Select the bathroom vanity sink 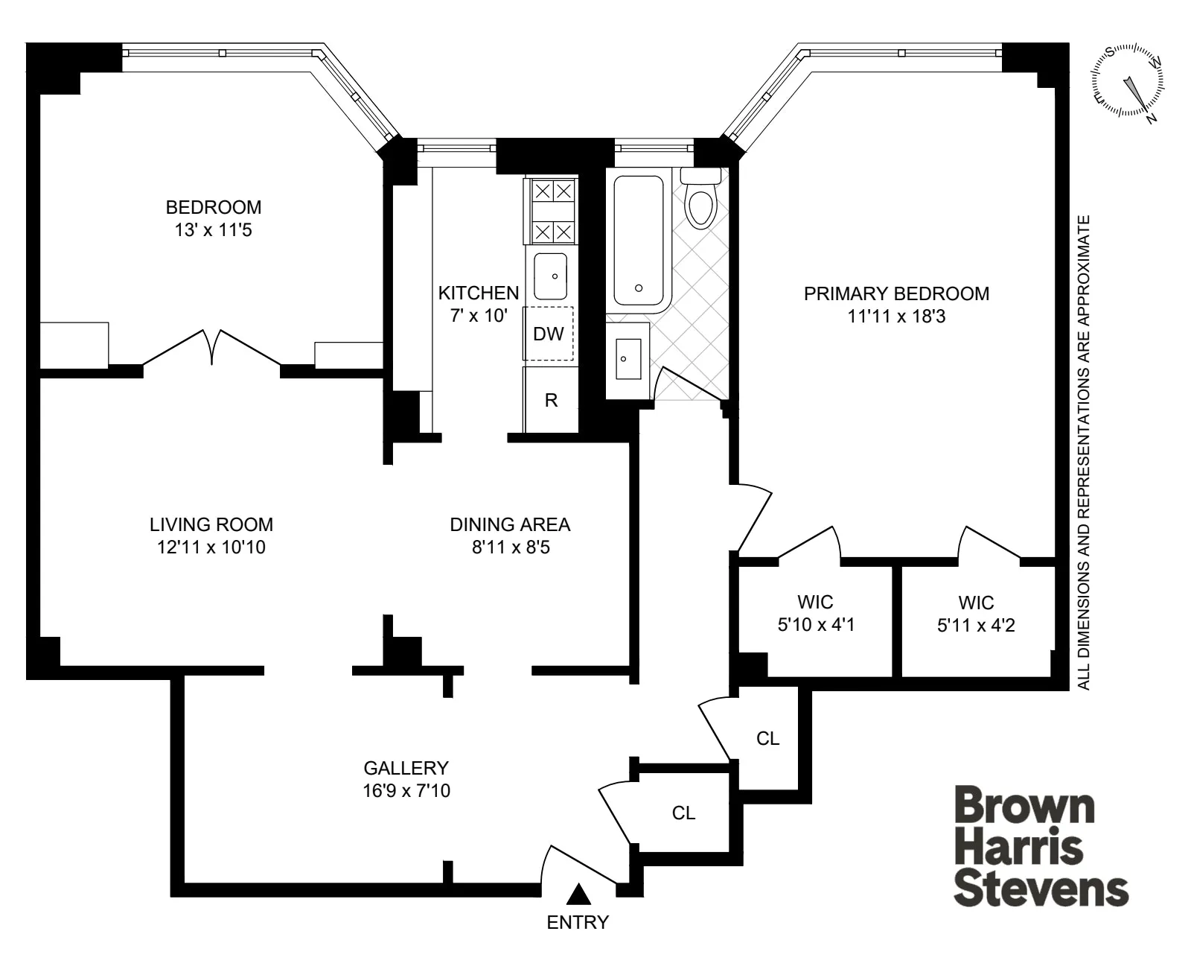coord(628,360)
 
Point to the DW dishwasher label coord(549,334)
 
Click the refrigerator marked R coord(551,400)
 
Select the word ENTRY coord(578,923)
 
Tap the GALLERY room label coord(406,767)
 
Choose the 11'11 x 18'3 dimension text coord(896,317)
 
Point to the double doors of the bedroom coord(212,348)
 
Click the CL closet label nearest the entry coord(683,813)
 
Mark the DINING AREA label coord(510,524)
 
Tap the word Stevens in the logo coord(1041,889)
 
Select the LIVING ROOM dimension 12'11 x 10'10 coord(211,547)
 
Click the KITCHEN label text coord(478,293)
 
